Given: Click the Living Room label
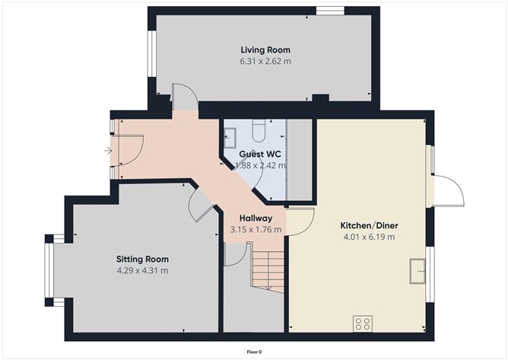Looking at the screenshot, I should click(x=260, y=50).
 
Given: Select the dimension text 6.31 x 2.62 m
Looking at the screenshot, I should click(x=260, y=62).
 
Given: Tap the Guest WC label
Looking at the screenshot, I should click(x=256, y=153).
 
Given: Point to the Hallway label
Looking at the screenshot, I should click(x=256, y=218).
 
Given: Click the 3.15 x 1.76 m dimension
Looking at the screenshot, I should click(x=256, y=229).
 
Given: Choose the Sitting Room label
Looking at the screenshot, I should click(x=142, y=259).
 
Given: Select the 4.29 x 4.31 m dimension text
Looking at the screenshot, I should click(x=142, y=270).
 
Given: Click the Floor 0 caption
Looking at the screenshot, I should click(x=254, y=352).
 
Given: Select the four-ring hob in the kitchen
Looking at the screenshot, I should click(x=363, y=323).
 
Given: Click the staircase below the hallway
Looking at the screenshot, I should click(x=268, y=271).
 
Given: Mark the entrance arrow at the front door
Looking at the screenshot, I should click(x=108, y=151).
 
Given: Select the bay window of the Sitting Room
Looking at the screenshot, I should click(x=50, y=271).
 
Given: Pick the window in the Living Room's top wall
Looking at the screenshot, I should click(x=329, y=11).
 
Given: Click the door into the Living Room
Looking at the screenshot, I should click(x=184, y=97).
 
